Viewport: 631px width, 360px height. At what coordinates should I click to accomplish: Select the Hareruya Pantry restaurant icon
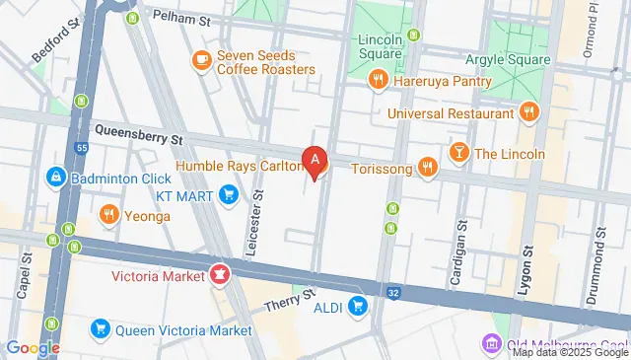pyautogui.click(x=377, y=80)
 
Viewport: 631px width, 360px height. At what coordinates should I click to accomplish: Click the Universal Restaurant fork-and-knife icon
pyautogui.click(x=529, y=112)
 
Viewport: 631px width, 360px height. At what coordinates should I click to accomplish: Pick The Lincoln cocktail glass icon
pyautogui.click(x=458, y=154)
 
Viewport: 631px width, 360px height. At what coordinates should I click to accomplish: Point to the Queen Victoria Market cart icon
pyautogui.click(x=100, y=329)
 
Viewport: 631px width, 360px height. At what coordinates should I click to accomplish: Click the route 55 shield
pyautogui.click(x=81, y=147)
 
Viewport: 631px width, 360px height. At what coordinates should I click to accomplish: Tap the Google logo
pyautogui.click(x=33, y=347)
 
